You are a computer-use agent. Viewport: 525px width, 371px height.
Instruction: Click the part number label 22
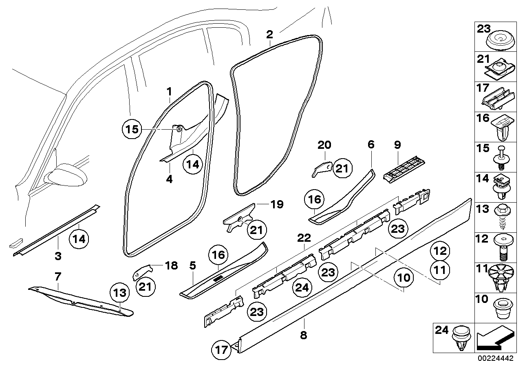tap(304, 237)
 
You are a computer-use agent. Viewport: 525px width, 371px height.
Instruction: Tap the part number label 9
tap(397, 145)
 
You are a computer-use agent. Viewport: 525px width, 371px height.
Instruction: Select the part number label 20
tap(325, 145)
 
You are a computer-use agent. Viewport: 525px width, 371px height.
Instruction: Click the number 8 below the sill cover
tap(303, 336)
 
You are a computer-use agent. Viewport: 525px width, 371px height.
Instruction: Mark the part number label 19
tap(277, 204)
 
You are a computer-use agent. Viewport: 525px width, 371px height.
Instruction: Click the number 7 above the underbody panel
tap(58, 277)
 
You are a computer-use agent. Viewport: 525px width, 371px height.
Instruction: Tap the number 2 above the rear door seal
tap(269, 34)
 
